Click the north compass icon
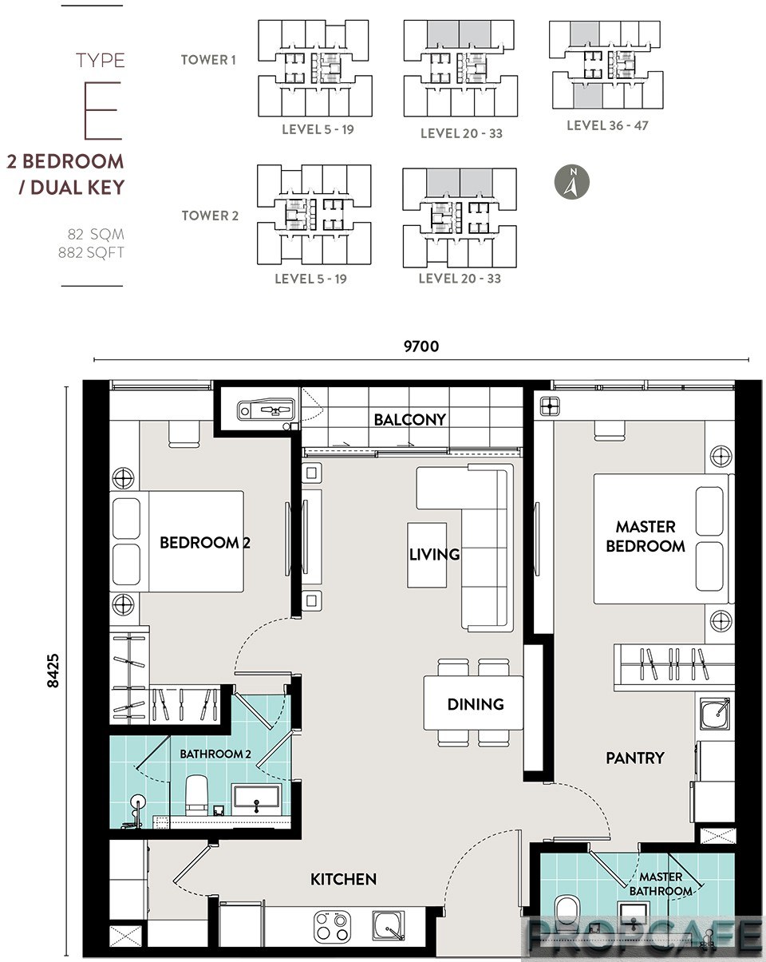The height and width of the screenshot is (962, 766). click(x=571, y=182)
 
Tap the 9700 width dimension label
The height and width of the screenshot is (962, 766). click(x=421, y=346)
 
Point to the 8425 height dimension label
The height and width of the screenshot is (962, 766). click(x=53, y=671)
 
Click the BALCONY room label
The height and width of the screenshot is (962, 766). click(x=410, y=419)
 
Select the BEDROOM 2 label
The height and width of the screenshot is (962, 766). click(x=205, y=543)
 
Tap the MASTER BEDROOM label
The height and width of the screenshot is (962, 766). click(x=646, y=536)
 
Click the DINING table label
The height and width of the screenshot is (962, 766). click(x=476, y=704)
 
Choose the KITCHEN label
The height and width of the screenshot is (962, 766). click(x=343, y=879)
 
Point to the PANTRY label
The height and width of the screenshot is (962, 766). click(x=634, y=758)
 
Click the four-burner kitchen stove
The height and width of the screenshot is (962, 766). click(x=331, y=925)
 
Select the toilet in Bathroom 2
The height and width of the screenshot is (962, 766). click(x=196, y=795)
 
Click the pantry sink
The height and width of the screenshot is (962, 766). click(x=715, y=713)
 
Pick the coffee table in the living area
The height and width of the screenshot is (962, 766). click(x=427, y=555)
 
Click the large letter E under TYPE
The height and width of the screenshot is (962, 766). click(x=103, y=110)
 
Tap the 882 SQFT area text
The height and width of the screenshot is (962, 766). click(x=91, y=252)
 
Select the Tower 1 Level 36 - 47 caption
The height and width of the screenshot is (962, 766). click(x=607, y=125)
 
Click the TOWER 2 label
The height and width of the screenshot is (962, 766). click(x=210, y=216)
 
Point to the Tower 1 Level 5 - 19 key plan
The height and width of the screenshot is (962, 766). click(x=315, y=69)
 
